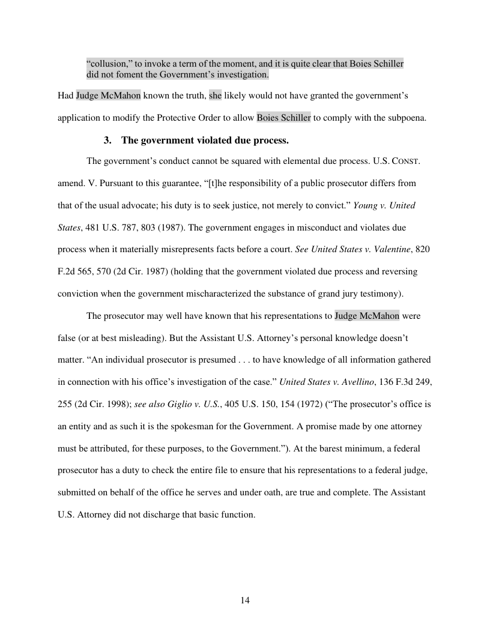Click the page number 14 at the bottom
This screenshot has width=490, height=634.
click(x=245, y=600)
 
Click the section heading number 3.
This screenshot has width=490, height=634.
click(x=107, y=140)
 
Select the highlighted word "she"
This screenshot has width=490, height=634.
click(x=215, y=95)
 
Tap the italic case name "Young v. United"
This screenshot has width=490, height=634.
click(x=384, y=205)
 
